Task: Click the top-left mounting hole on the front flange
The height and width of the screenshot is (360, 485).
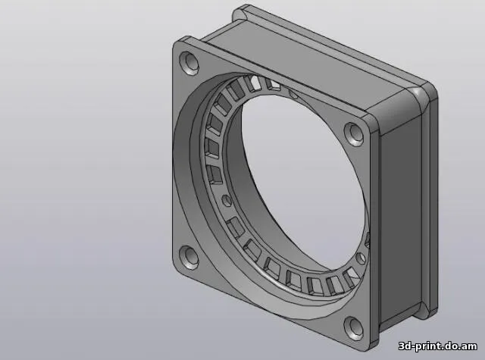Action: click(188, 61)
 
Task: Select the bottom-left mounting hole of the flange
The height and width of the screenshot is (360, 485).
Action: click(187, 257)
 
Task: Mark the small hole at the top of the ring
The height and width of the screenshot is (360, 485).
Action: click(293, 95)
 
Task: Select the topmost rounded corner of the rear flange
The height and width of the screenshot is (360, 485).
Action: click(242, 11)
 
